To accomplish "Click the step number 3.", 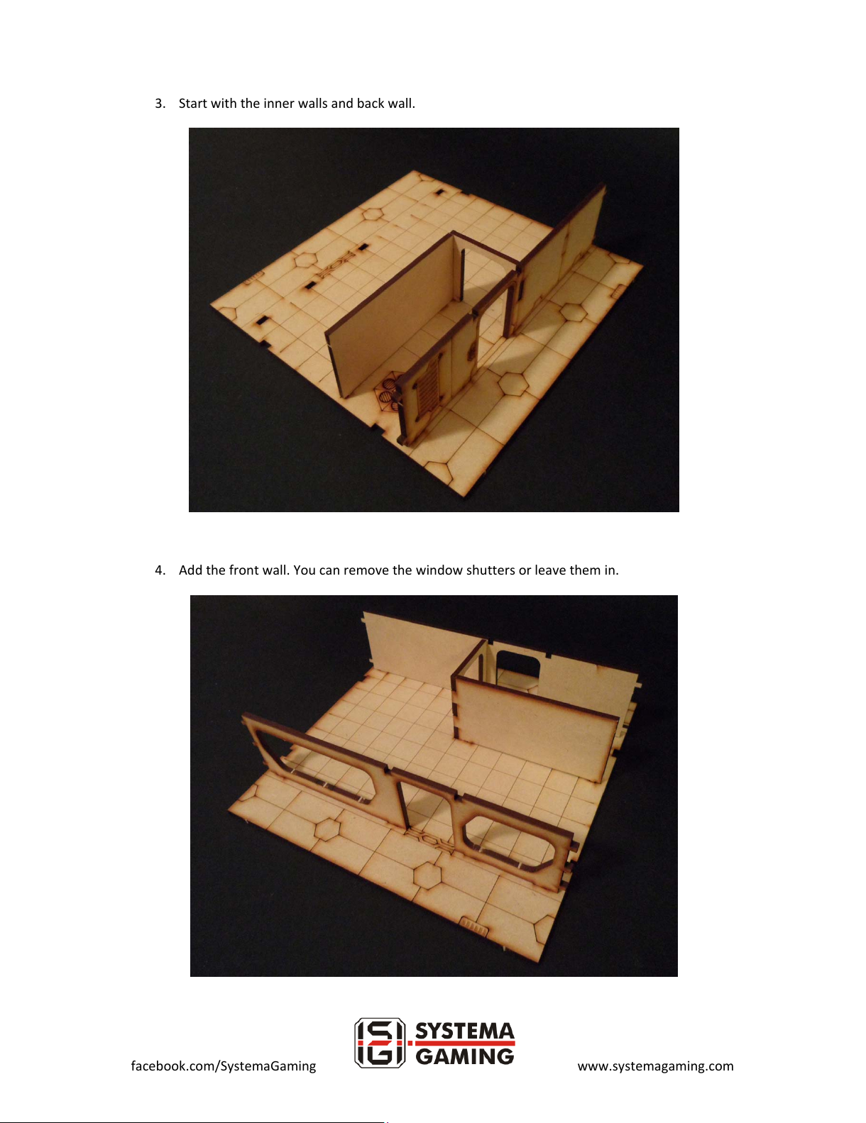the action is [160, 104].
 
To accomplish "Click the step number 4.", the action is [160, 570].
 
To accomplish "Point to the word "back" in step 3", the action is [371, 104].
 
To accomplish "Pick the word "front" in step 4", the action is [243, 570].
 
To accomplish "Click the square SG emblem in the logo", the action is [380, 1050].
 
